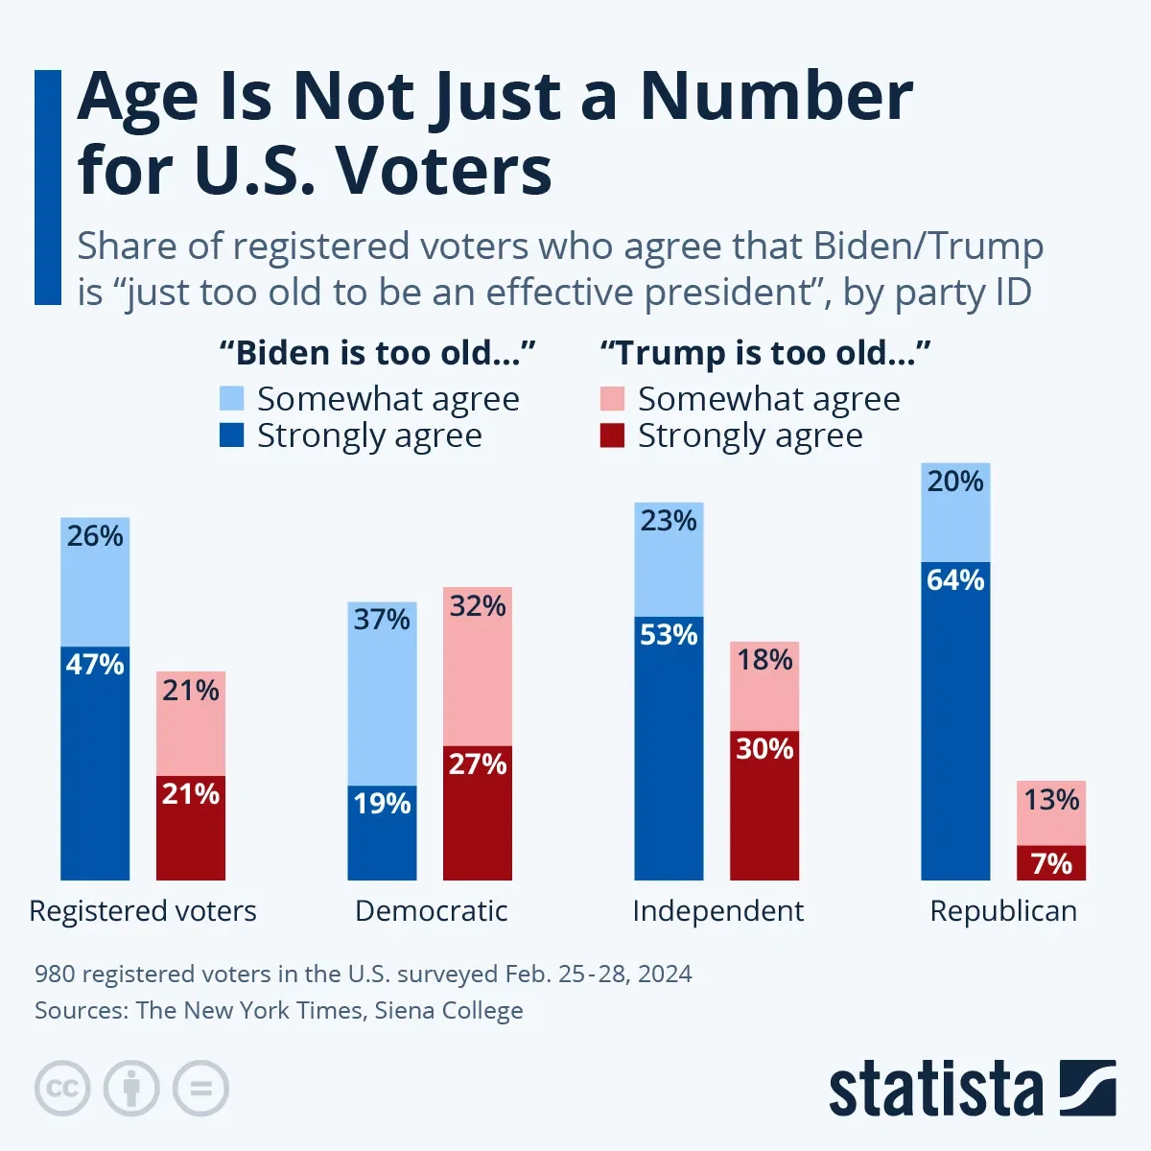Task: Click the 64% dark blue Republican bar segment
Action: [x=955, y=719]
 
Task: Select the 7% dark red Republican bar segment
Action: [x=1051, y=863]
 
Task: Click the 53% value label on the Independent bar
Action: [x=669, y=635]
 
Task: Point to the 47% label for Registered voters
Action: [x=95, y=664]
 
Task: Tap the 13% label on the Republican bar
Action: [x=1051, y=799]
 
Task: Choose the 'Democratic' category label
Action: [x=431, y=910]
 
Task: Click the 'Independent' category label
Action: [x=717, y=910]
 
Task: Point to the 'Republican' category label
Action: [x=1003, y=910]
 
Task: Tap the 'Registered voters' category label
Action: [x=143, y=910]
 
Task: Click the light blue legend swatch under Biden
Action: [x=232, y=398]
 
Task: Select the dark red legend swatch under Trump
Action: [x=612, y=435]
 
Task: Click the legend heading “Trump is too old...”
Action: [x=764, y=353]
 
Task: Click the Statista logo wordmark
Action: [x=935, y=1090]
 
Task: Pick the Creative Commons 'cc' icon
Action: [x=62, y=1089]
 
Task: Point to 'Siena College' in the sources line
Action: [x=449, y=1010]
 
